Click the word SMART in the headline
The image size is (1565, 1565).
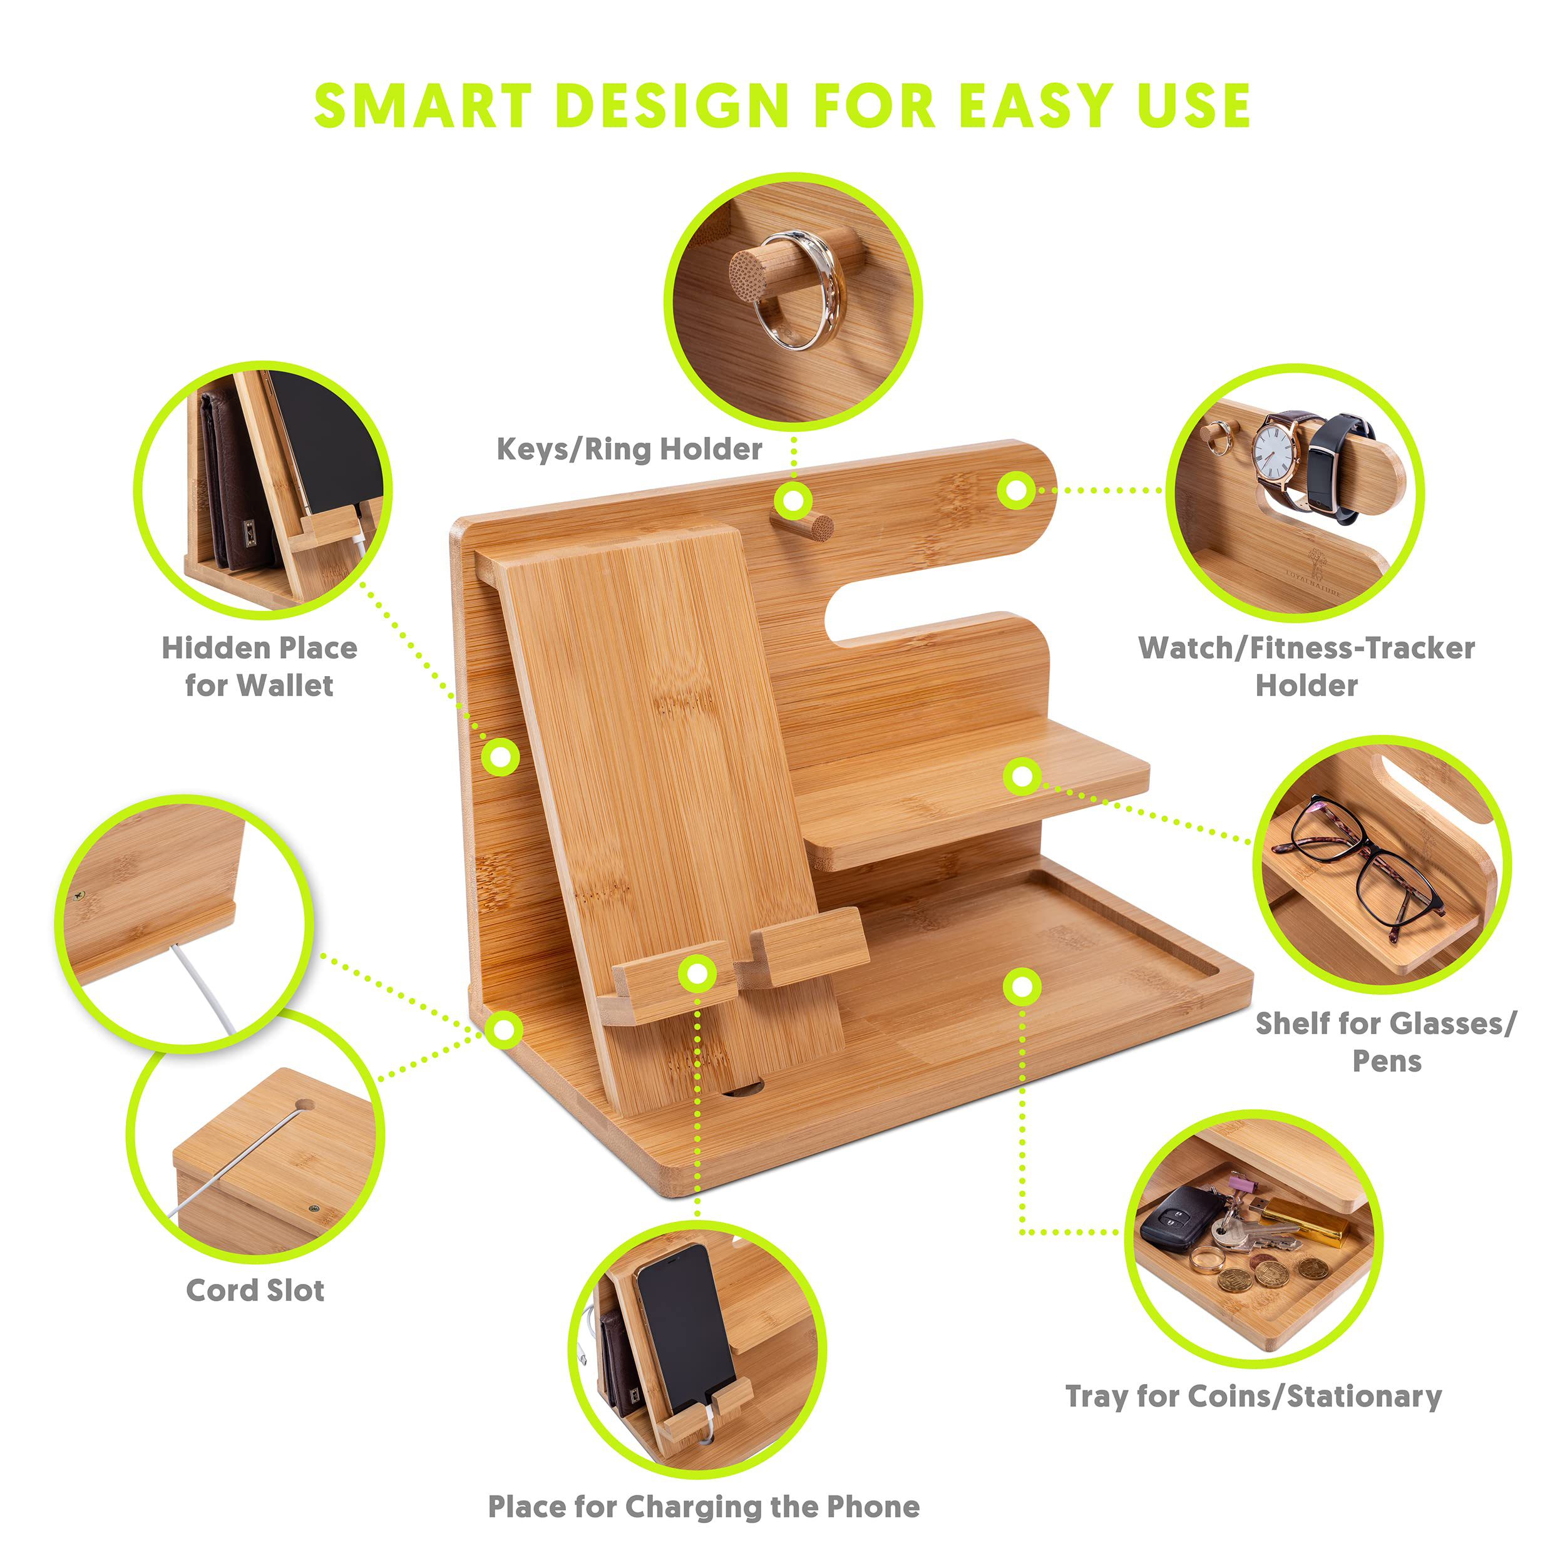pyautogui.click(x=423, y=106)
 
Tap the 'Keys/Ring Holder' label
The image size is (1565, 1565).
pyautogui.click(x=629, y=449)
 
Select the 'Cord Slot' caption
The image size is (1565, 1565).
pyautogui.click(x=255, y=1290)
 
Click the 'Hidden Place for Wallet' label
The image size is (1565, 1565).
pyautogui.click(x=259, y=666)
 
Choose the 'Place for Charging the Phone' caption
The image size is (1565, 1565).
pyautogui.click(x=704, y=1507)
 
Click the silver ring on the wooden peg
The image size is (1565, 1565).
pyautogui.click(x=798, y=290)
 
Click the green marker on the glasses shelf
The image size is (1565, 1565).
pyautogui.click(x=1022, y=777)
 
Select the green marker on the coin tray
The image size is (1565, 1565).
pyautogui.click(x=1022, y=987)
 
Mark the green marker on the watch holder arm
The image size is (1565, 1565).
pyautogui.click(x=1016, y=490)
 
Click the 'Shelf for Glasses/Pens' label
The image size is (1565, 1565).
pyautogui.click(x=1386, y=1042)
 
